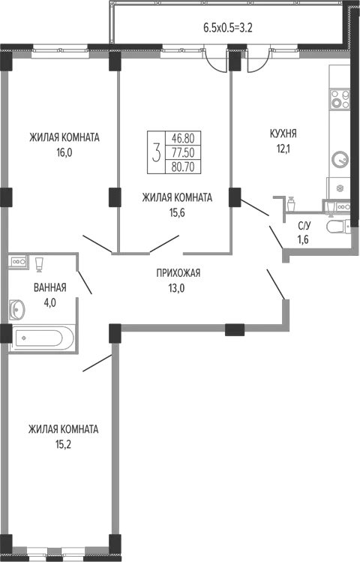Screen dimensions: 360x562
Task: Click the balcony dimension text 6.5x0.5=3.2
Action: pos(228,28)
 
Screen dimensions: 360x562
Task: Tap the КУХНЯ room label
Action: pos(283,134)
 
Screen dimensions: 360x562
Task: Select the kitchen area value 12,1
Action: pos(283,149)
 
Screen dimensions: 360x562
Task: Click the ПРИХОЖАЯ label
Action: pos(178,273)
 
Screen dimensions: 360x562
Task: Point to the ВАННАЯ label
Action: pos(49,287)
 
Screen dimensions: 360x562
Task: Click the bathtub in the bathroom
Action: pos(43,338)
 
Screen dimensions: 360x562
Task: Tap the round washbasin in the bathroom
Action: pos(17,309)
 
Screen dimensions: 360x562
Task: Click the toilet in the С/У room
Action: pos(338,227)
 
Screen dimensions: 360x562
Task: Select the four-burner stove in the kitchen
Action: pos(340,99)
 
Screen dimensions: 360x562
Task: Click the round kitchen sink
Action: pos(340,159)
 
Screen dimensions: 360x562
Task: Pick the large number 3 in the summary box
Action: pos(156,152)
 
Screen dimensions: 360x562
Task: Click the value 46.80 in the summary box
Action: pos(183,138)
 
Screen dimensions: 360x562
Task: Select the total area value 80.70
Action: pos(183,167)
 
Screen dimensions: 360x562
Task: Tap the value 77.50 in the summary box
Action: pos(183,152)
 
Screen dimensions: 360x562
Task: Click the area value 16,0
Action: pos(64,153)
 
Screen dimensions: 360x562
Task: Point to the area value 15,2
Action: pos(64,445)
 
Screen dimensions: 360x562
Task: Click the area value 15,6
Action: pos(177,213)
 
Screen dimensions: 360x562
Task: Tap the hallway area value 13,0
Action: pos(176,288)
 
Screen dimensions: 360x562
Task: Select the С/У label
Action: pos(304,225)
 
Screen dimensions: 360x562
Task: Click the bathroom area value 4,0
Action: pos(49,303)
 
